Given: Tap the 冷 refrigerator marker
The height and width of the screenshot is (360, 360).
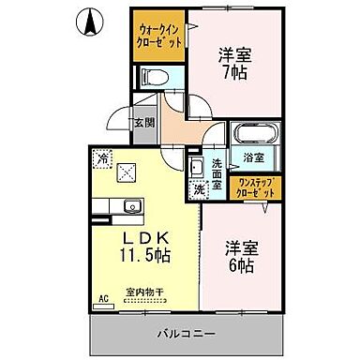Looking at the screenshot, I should (101, 159).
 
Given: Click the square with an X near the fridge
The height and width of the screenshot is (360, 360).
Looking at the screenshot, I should (127, 171).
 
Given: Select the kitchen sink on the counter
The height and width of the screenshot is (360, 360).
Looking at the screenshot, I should (127, 205).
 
